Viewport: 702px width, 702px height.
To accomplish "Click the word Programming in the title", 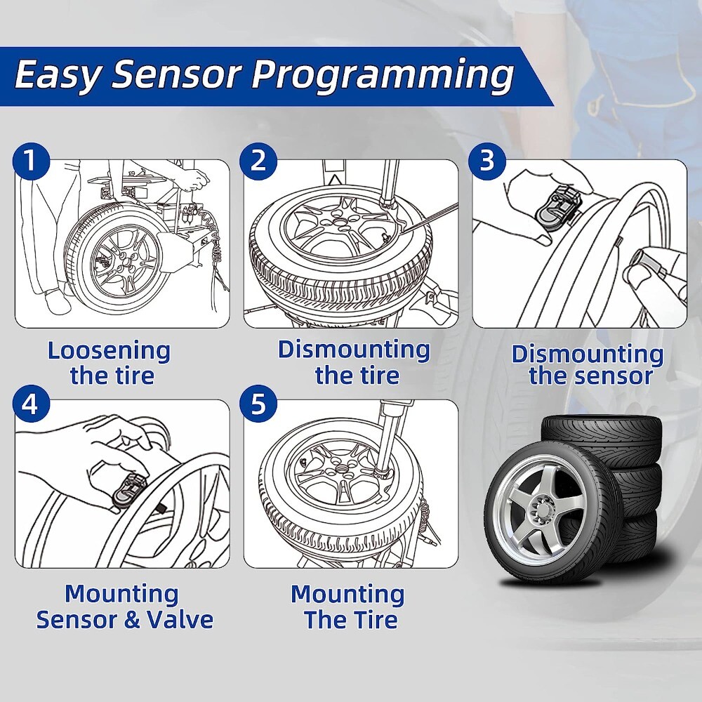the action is (x=383, y=76).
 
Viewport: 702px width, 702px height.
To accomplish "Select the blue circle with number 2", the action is (x=258, y=161).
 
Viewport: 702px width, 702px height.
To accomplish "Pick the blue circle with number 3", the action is (x=487, y=161).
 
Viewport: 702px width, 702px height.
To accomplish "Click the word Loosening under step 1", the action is (x=109, y=350).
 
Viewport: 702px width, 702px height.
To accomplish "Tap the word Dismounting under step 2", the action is (x=354, y=349).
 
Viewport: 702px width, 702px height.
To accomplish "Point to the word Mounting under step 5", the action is (x=347, y=595).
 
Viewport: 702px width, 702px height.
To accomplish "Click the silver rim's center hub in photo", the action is (x=543, y=505).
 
